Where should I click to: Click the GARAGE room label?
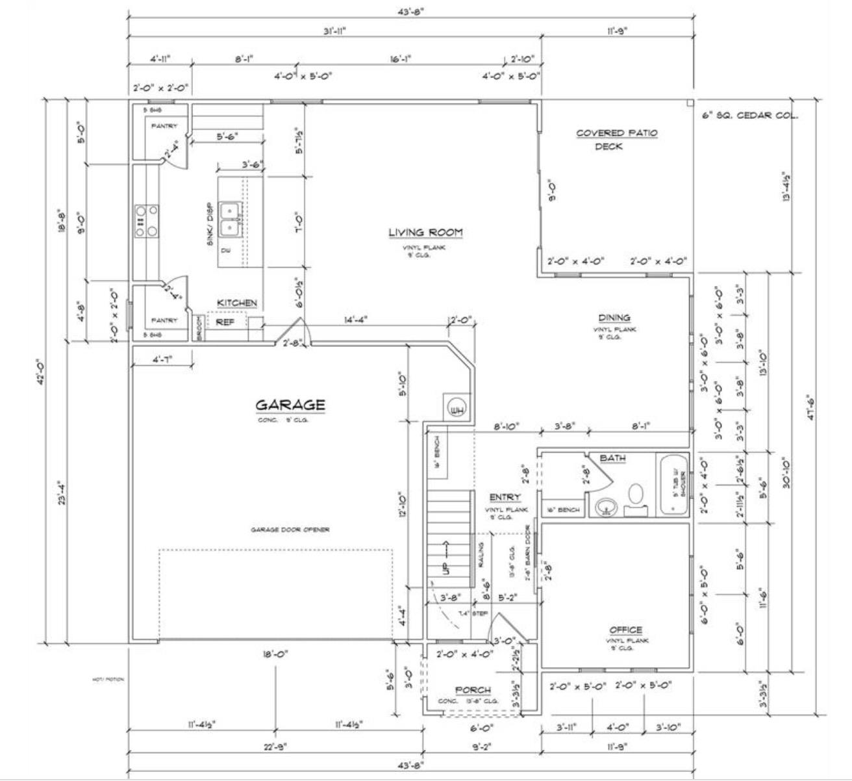pos(290,405)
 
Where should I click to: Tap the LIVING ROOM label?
pos(425,232)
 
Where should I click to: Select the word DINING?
pos(614,318)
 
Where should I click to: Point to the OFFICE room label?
pos(625,630)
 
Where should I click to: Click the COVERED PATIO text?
pos(616,133)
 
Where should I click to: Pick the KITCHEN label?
pos(236,303)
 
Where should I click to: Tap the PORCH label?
pos(473,690)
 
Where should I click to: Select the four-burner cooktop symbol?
pos(146,221)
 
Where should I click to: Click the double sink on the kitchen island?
pos(229,219)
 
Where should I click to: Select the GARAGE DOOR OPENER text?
pos(290,530)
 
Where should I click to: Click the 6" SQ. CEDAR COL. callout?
pos(750,116)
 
